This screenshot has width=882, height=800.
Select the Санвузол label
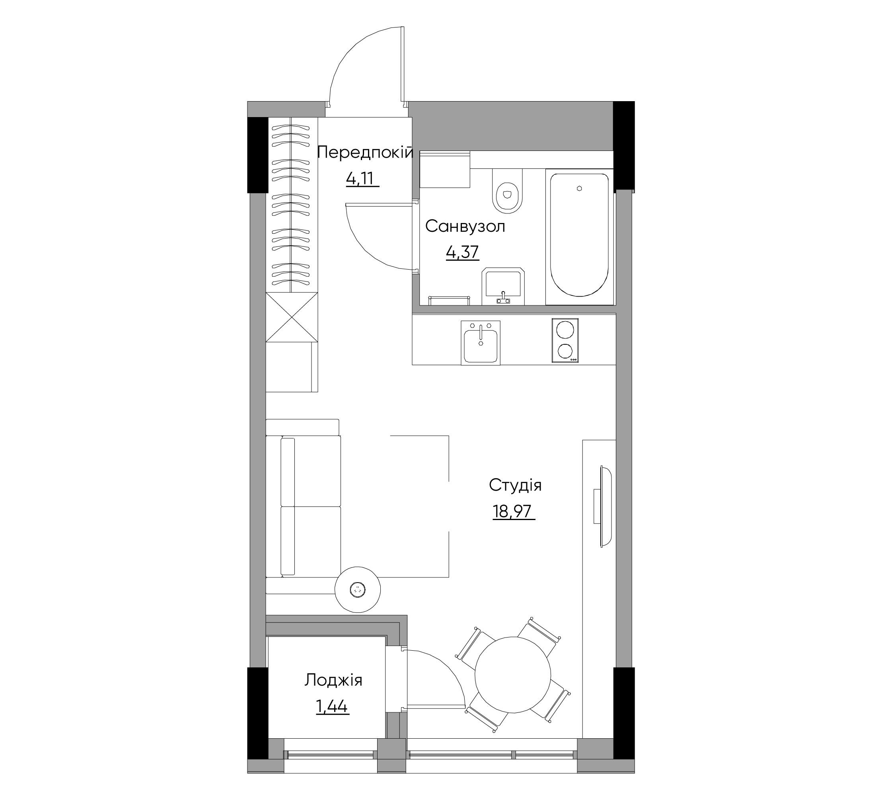(465, 227)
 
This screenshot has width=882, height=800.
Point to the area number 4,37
(462, 252)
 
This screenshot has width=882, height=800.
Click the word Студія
(515, 485)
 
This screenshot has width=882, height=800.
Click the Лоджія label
(333, 681)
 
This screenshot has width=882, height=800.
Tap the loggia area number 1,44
(332, 706)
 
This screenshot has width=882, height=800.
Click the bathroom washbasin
(503, 286)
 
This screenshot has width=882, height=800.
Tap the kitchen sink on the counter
(480, 343)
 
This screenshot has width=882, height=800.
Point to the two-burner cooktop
(565, 340)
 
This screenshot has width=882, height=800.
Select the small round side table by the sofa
(357, 590)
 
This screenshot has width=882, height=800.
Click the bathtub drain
(579, 188)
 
